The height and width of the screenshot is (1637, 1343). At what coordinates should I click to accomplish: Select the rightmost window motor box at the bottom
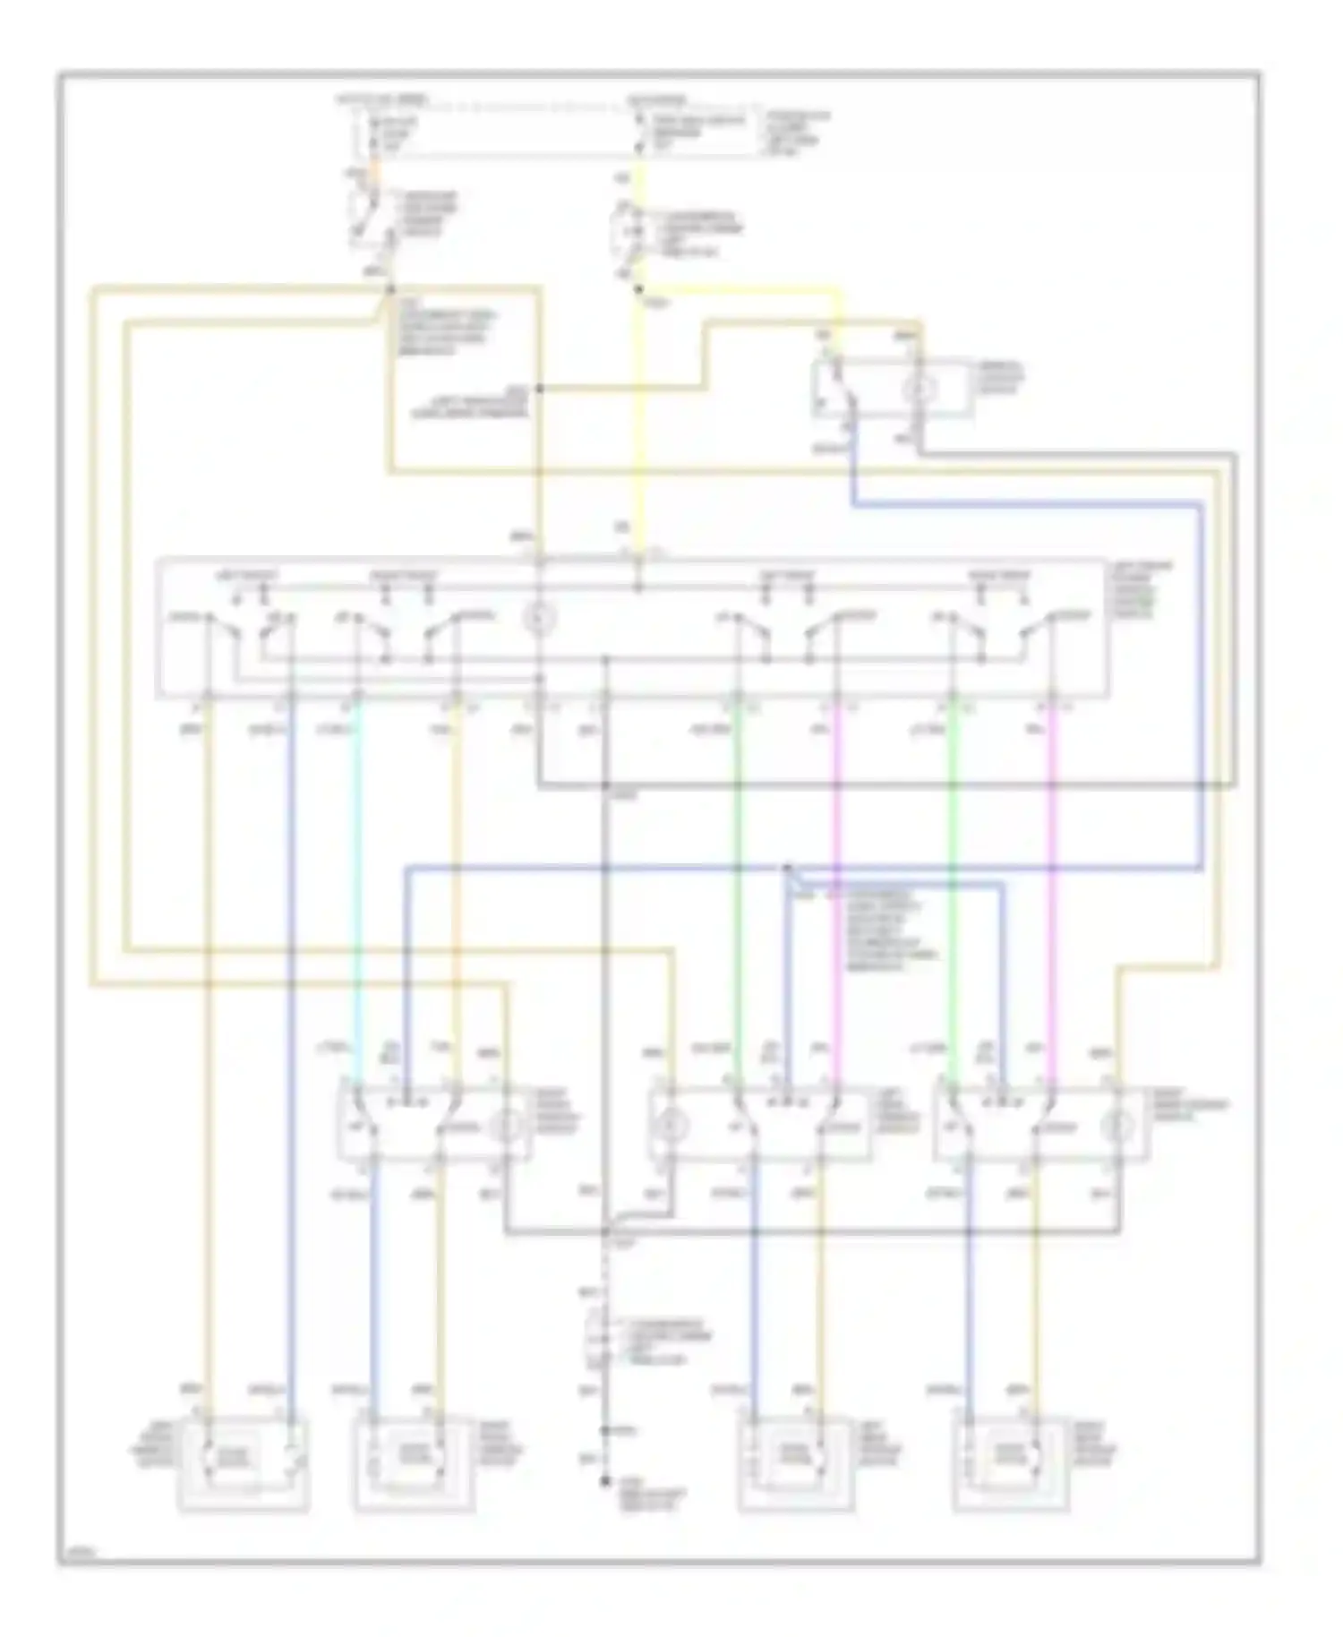pyautogui.click(x=1010, y=1463)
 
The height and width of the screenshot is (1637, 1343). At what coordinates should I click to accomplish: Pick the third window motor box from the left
pyautogui.click(x=795, y=1463)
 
